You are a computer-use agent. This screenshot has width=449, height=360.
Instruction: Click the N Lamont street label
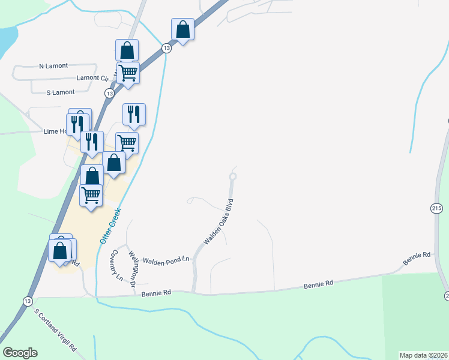pyautogui.click(x=53, y=65)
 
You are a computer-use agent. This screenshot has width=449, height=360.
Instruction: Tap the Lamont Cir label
pyautogui.click(x=92, y=78)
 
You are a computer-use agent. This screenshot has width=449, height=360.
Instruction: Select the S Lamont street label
pyautogui.click(x=61, y=92)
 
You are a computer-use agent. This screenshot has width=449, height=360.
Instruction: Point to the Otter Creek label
pyautogui.click(x=110, y=225)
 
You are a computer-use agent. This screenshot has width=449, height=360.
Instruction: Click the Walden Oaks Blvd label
pyautogui.click(x=218, y=222)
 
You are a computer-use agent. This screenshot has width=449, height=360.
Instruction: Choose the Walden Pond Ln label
pyautogui.click(x=166, y=259)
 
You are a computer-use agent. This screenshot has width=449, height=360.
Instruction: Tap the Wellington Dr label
pyautogui.click(x=136, y=268)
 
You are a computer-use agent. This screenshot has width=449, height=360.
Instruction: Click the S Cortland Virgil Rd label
pyautogui.click(x=56, y=330)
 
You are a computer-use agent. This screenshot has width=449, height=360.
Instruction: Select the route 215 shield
pyautogui.click(x=436, y=208)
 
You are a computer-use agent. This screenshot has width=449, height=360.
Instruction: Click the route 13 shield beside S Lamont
pyautogui.click(x=109, y=94)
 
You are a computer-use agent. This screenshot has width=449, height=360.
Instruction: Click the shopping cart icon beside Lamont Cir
pyautogui.click(x=128, y=73)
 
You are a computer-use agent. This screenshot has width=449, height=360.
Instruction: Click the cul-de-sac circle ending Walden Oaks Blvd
pyautogui.click(x=233, y=176)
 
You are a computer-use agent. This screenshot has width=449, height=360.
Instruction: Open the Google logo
pyautogui.click(x=20, y=353)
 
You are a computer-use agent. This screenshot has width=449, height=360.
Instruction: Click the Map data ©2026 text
pyautogui.click(x=423, y=355)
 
